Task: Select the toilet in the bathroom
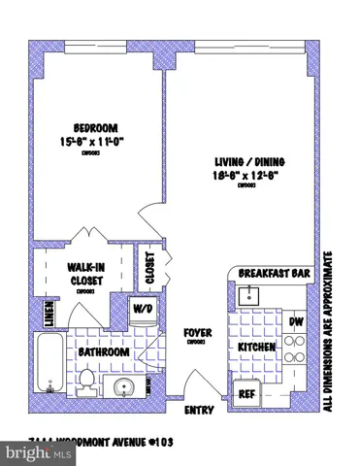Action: click(86, 380)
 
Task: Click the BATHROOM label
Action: click(105, 351)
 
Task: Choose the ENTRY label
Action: click(198, 411)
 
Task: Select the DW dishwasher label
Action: click(297, 321)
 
